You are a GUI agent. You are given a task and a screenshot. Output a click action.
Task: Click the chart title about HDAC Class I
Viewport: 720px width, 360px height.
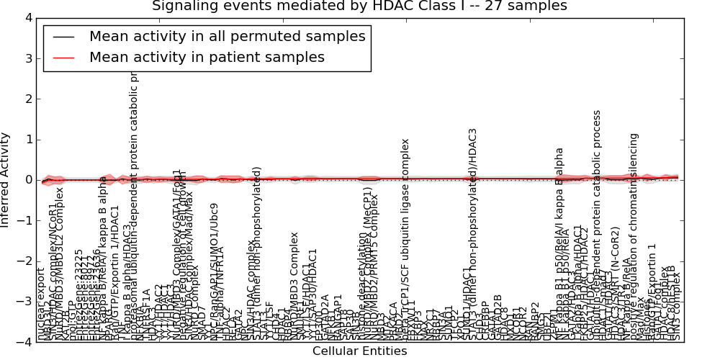click(359, 6)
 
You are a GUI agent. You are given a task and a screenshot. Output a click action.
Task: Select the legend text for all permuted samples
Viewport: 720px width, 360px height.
click(227, 36)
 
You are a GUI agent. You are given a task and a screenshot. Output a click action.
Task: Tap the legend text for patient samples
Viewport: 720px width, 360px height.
click(207, 57)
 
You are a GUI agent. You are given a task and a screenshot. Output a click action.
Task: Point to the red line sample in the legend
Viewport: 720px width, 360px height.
click(63, 58)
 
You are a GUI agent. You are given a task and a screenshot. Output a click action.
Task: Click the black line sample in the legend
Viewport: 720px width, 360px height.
click(63, 37)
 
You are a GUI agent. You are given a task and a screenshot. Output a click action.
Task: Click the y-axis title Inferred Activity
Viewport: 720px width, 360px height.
click(6, 180)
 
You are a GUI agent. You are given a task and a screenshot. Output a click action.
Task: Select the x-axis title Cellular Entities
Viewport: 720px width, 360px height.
click(359, 351)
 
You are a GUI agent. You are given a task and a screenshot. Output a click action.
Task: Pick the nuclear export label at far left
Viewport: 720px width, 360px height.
click(41, 305)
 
